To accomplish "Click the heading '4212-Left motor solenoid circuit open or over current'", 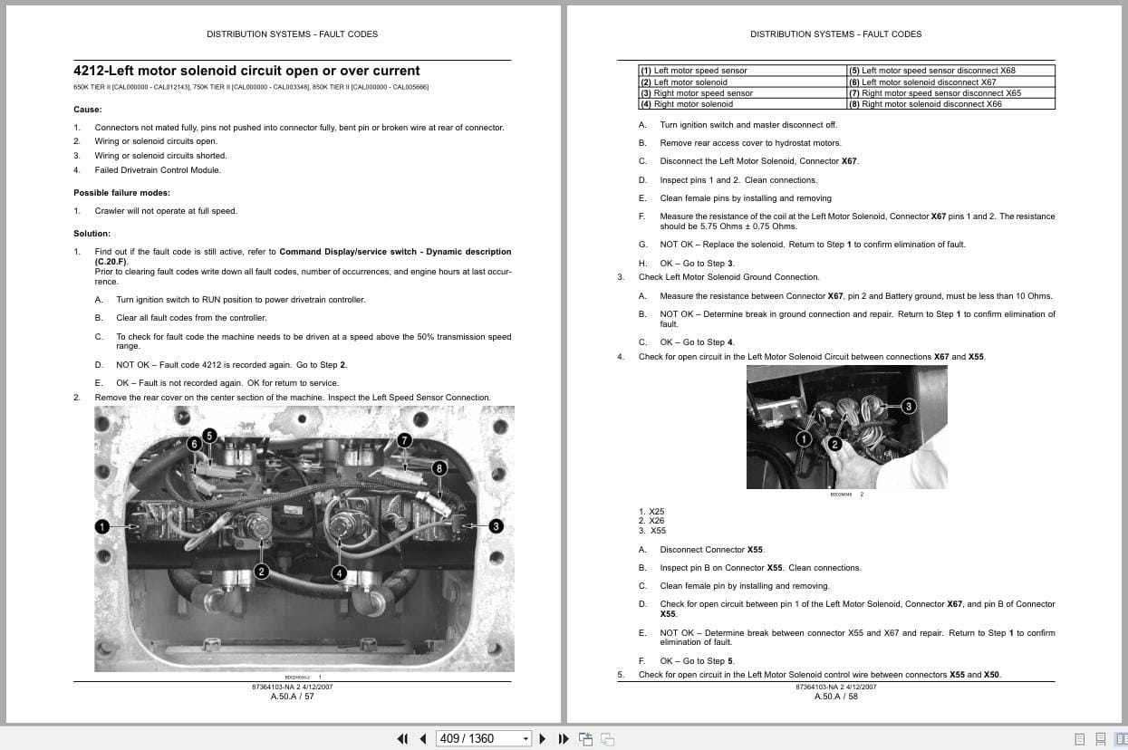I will [246, 71].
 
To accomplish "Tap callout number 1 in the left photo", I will [102, 526].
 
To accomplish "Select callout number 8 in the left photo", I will [439, 468].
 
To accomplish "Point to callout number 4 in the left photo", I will [339, 572].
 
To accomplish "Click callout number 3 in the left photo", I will [496, 526].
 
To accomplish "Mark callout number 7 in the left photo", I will [404, 440].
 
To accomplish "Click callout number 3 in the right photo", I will [909, 406].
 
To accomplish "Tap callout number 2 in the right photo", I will [834, 444].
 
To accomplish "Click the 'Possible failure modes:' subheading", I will [121, 193].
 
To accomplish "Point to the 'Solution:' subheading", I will [92, 234].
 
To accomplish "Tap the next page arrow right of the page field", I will [543, 738].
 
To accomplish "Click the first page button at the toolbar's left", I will [402, 738].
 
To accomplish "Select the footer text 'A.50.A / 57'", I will [292, 697].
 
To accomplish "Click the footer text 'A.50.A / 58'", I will [835, 697].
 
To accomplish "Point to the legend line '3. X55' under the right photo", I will [651, 531].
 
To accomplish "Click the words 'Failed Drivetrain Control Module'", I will [158, 170].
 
